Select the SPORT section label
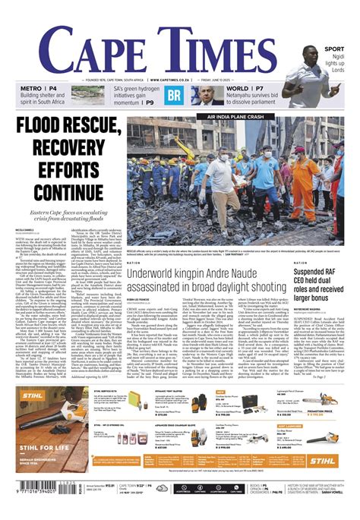tap(333, 49)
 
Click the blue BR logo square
tap(175, 96)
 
